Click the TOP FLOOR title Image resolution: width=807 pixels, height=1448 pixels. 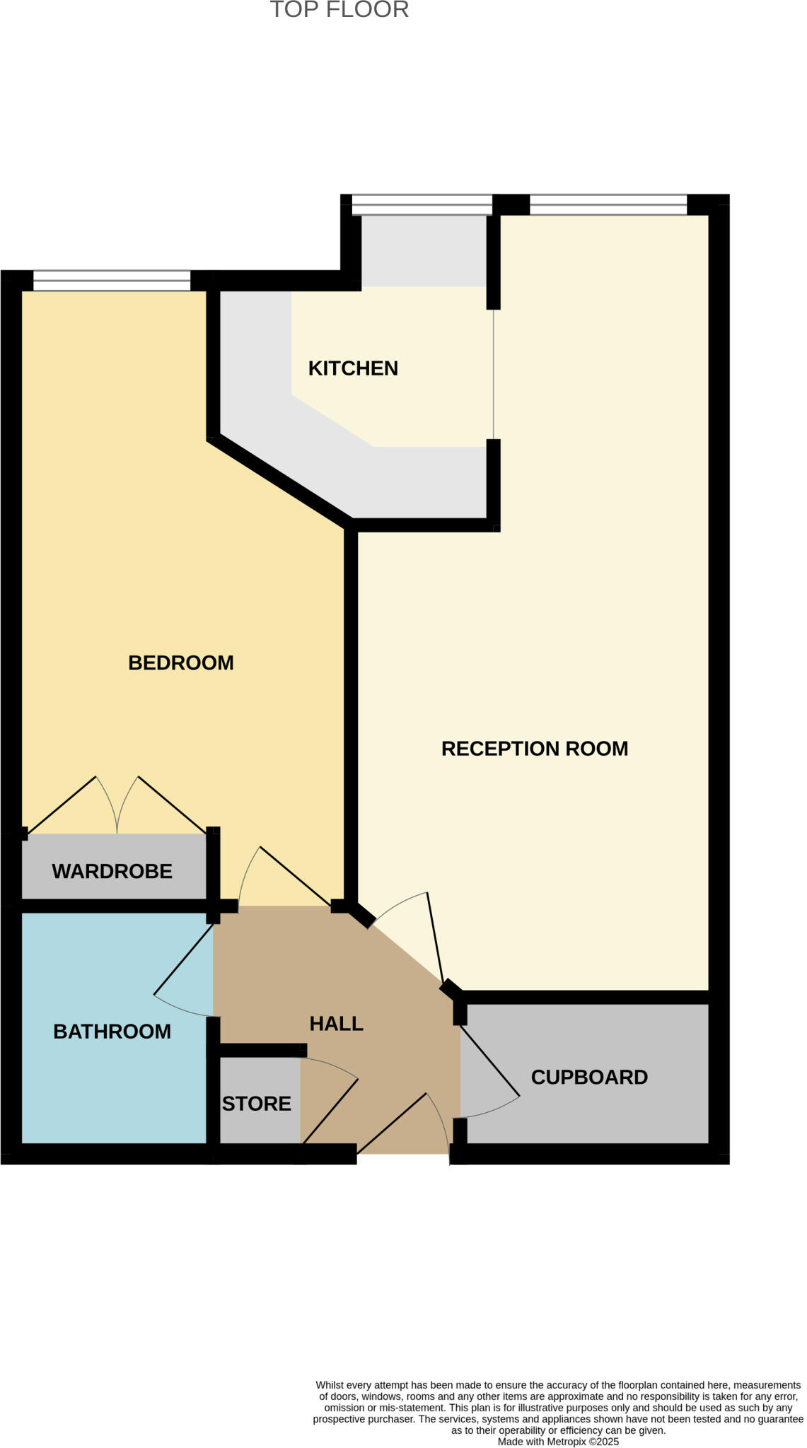point(339,10)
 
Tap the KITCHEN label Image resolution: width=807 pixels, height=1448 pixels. point(353,368)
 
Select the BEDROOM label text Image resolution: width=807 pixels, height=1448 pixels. point(180,662)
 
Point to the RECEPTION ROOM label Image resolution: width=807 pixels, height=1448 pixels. point(534,749)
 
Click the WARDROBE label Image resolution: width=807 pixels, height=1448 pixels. point(112,871)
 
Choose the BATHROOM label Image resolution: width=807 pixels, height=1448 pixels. point(112,1032)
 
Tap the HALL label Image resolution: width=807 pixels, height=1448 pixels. point(336,1024)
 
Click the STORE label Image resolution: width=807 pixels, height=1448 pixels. point(256,1104)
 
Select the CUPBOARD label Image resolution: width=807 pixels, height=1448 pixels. point(588,1078)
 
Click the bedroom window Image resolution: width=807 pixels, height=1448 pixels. point(112,281)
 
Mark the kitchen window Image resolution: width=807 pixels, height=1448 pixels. point(422,204)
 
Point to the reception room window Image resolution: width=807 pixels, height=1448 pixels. point(608,204)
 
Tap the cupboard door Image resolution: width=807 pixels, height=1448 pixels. point(489,1061)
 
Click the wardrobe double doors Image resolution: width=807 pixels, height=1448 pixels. point(117,806)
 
